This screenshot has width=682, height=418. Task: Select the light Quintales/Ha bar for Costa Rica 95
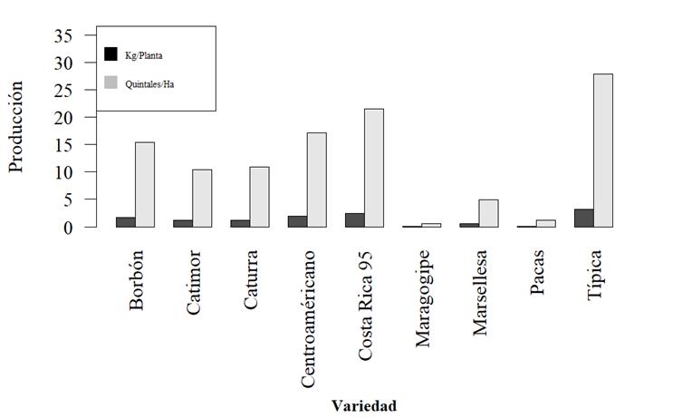click(x=373, y=168)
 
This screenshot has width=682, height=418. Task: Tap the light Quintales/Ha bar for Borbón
click(x=144, y=185)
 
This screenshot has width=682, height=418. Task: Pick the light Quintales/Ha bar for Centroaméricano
click(x=316, y=180)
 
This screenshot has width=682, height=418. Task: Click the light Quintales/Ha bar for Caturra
click(x=259, y=197)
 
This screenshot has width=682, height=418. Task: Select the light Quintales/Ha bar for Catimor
click(x=202, y=198)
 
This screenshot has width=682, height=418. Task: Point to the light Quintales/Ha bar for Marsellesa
click(x=488, y=213)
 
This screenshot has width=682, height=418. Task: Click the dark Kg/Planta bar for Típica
click(x=583, y=219)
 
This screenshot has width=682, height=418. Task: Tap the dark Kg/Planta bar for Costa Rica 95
click(x=354, y=220)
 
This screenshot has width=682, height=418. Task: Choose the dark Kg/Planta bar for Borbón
click(x=125, y=222)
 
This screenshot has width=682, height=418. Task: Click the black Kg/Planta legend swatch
click(x=111, y=54)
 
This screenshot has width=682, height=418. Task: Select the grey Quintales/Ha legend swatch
click(x=111, y=83)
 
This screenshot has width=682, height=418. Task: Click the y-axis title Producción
click(x=16, y=127)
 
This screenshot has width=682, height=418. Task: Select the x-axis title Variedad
click(x=363, y=405)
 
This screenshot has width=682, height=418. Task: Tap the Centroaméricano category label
click(x=308, y=318)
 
